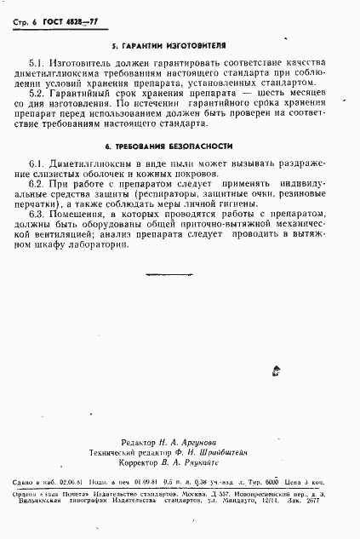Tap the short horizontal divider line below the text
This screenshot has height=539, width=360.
click(x=161, y=274)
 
